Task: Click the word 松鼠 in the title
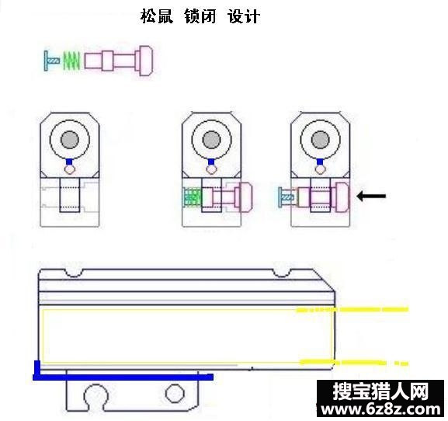[x=157, y=16]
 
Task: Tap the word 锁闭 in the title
[x=200, y=16]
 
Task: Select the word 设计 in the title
[x=244, y=16]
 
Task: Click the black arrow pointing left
[x=371, y=196]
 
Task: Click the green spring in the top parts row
[x=71, y=61]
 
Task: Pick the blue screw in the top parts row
[x=51, y=61]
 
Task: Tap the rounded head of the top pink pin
[x=145, y=61]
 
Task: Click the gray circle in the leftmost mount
[x=70, y=140]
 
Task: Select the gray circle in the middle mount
[x=211, y=140]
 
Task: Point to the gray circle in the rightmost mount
[x=320, y=140]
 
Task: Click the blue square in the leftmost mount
[x=69, y=162]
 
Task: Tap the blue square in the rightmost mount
[x=320, y=162]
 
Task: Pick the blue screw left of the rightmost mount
[x=286, y=197]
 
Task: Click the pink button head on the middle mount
[x=246, y=197]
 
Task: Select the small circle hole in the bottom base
[x=175, y=393]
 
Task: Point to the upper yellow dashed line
[x=352, y=309]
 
